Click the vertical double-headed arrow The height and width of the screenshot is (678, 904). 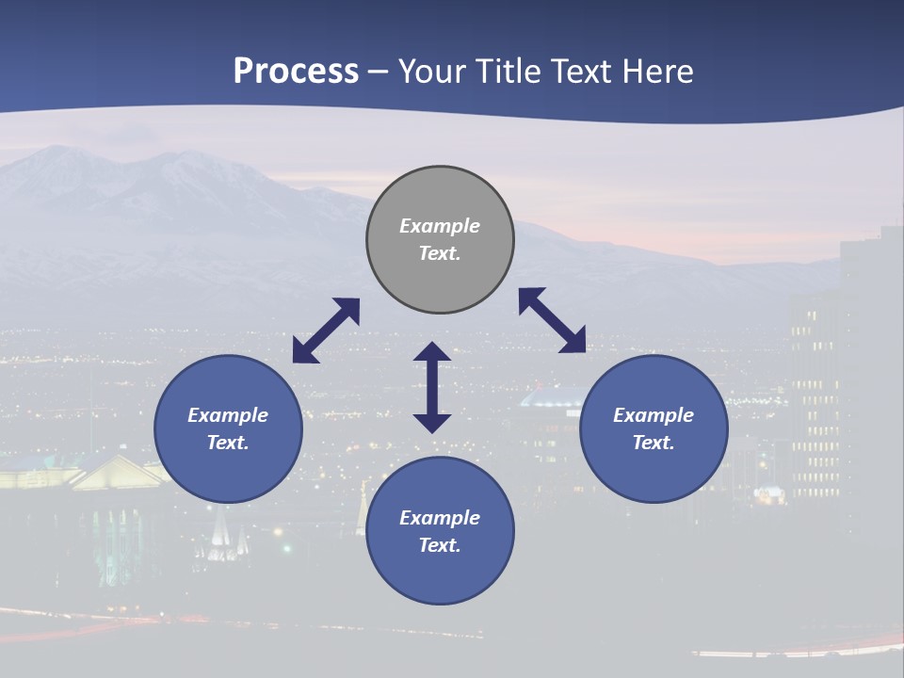pos(432,387)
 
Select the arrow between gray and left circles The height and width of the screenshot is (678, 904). pos(326,331)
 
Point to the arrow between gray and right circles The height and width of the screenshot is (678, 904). pos(552,320)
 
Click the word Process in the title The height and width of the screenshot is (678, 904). pos(296,72)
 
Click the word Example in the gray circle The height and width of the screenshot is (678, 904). pos(440,226)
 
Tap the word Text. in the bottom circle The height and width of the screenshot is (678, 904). pos(440,545)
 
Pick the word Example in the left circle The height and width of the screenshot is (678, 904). pos(228,415)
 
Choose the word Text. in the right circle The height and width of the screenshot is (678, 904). pos(654,443)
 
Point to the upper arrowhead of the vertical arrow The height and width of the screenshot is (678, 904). pos(432,352)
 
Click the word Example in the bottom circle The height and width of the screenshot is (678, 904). pos(440,518)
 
